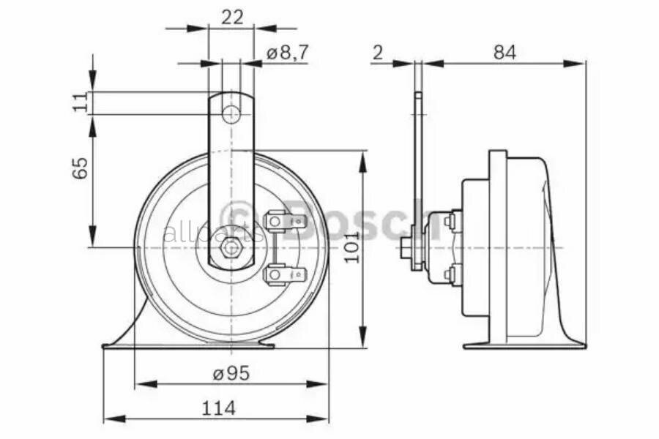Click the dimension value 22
(x=231, y=18)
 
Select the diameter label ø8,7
(x=287, y=53)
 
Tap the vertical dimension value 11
(x=81, y=102)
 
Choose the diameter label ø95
(x=231, y=373)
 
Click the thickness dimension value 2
(x=378, y=53)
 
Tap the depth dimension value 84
(x=505, y=53)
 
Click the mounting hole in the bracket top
(x=231, y=114)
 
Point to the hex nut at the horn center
(x=231, y=247)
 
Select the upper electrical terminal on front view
(x=282, y=220)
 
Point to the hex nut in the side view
(x=405, y=248)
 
